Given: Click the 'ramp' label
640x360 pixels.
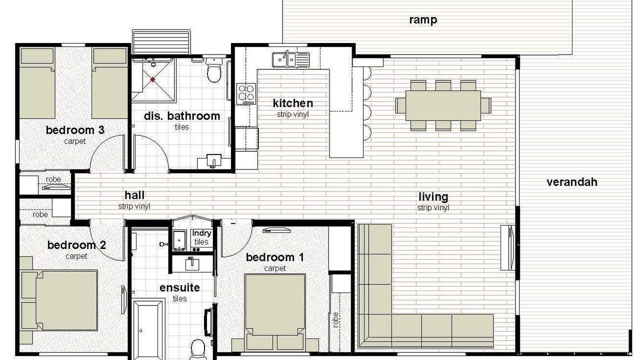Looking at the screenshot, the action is click(x=423, y=20).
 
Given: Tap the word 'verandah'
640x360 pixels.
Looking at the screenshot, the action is click(x=572, y=182).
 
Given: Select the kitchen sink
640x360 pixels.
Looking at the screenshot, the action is click(x=291, y=59).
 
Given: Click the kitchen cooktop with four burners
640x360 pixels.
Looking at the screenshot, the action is click(x=246, y=93).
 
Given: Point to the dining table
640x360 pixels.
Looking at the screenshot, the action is click(x=443, y=105).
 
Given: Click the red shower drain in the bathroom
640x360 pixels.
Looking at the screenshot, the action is click(x=153, y=79).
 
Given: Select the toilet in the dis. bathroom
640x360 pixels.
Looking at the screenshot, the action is click(x=213, y=70).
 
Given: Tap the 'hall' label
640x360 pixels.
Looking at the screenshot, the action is click(x=134, y=195).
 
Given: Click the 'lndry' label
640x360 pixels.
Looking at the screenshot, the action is click(x=201, y=233).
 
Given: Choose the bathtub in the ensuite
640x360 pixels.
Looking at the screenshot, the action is click(x=148, y=328).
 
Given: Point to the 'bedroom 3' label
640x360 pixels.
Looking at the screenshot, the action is click(x=75, y=130).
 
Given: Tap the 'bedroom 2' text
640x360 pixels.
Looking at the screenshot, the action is click(x=76, y=245).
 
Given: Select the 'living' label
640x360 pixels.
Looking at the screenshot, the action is click(x=433, y=197).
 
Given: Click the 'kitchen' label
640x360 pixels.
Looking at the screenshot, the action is click(x=293, y=103).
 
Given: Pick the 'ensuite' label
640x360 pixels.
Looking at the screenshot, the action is click(x=179, y=287).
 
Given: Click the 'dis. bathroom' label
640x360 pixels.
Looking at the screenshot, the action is click(x=182, y=116).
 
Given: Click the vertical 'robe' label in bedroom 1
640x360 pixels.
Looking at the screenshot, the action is click(x=335, y=319).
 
